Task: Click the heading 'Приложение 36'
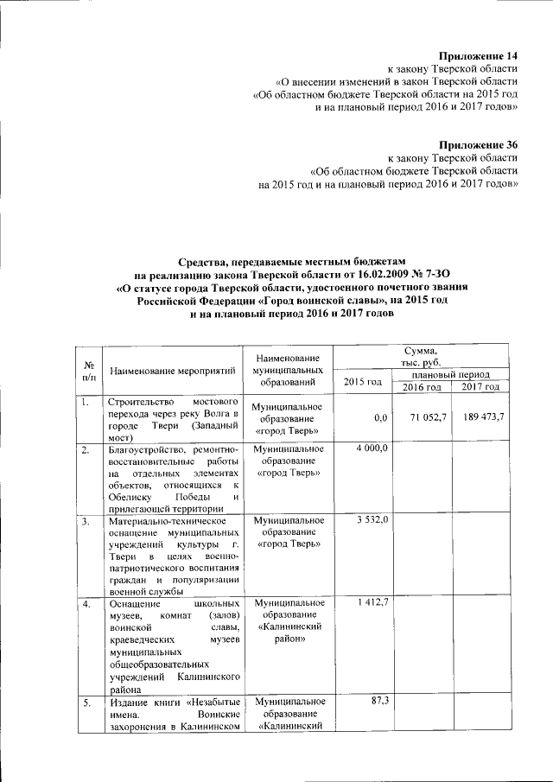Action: (478, 144)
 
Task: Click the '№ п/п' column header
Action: (89, 371)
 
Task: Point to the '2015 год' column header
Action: (363, 381)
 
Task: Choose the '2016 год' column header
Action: (423, 386)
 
